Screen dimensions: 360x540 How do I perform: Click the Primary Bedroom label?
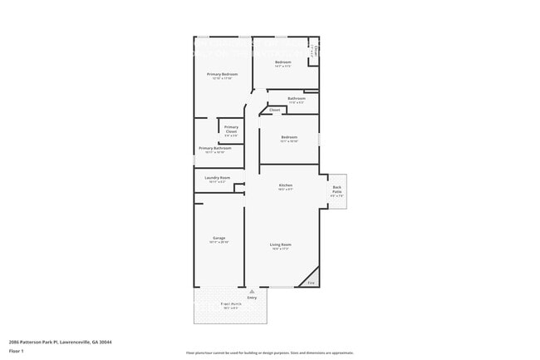point(223,74)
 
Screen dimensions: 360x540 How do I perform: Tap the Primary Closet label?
point(231,129)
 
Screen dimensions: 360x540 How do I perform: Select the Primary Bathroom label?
point(214,148)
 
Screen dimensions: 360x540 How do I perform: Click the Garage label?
point(218,239)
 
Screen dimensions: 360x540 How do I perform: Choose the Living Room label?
point(281,244)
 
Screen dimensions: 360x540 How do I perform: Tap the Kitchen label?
point(285,185)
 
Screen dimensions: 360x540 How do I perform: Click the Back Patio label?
point(336,188)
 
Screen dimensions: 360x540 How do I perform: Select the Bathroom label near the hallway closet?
point(297,98)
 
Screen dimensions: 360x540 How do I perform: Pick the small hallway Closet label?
point(274,110)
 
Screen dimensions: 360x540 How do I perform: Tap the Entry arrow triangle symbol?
point(252,292)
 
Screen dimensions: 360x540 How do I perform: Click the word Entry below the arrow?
point(252,298)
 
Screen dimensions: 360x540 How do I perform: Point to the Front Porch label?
point(230,304)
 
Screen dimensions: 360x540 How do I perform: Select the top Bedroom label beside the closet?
point(283,62)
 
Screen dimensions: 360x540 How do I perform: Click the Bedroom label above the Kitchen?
point(289,137)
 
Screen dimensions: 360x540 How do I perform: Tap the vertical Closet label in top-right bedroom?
point(316,52)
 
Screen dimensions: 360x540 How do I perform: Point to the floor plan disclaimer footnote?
point(270,353)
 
